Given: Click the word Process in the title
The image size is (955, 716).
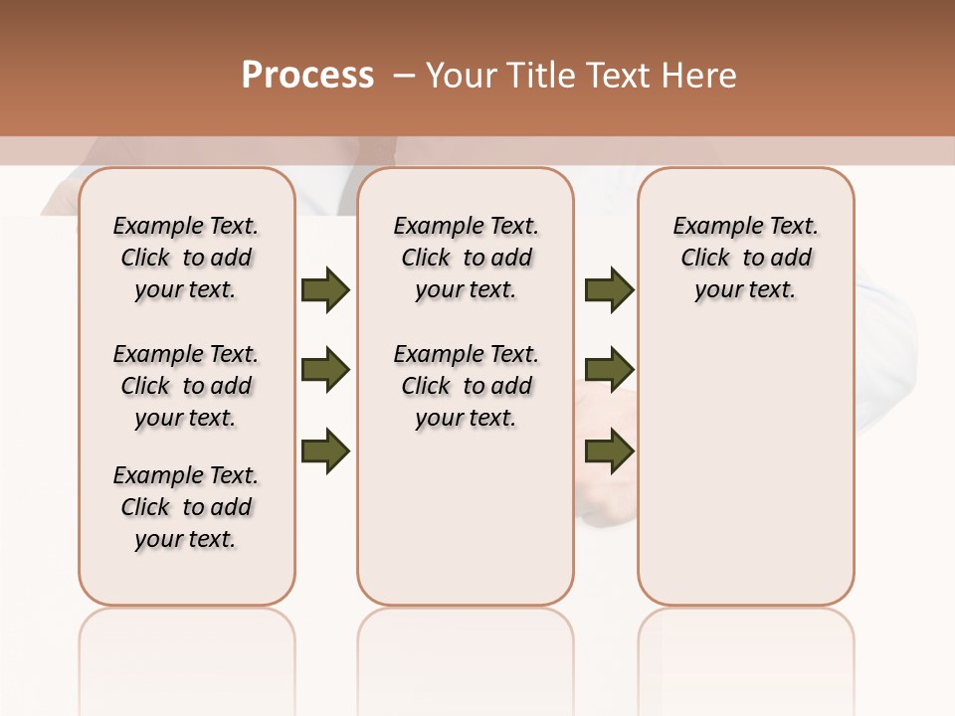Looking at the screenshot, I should click(307, 76).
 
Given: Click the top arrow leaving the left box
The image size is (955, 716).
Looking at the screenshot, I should click(325, 289).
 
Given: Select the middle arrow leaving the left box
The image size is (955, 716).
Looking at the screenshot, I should click(325, 370).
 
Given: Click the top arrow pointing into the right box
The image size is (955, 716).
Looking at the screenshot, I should click(609, 289).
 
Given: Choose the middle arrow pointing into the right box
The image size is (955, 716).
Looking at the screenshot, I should click(609, 370).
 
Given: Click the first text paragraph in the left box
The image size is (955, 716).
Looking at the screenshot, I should click(186, 258).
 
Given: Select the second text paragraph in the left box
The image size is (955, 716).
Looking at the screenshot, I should click(186, 386).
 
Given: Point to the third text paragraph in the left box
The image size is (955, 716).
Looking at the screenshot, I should click(186, 507).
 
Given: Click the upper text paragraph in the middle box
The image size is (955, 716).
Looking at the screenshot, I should click(466, 258).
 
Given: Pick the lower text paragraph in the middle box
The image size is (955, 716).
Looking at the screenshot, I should click(466, 386).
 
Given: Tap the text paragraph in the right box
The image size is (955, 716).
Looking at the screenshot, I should click(745, 258).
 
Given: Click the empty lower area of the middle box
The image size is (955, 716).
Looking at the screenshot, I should click(466, 517).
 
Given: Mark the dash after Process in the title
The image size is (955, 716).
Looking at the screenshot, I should click(403, 76).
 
